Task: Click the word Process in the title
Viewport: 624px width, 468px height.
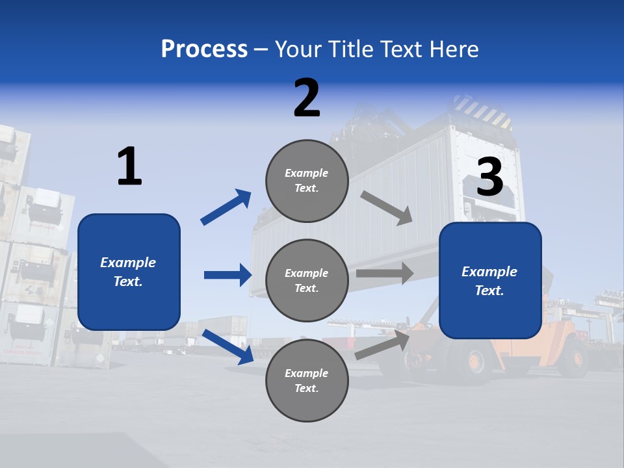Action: tap(204, 49)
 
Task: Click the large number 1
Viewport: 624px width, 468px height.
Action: tap(129, 166)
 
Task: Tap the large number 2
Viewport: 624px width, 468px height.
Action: tap(307, 98)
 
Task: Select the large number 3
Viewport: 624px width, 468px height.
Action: tap(489, 177)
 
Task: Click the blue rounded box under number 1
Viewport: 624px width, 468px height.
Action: tap(129, 272)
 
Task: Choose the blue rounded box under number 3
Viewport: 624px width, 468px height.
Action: tap(490, 280)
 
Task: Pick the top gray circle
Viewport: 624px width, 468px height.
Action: tap(307, 181)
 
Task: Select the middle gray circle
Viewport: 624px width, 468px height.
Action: tap(307, 280)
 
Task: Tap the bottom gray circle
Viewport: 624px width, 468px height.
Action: tap(307, 380)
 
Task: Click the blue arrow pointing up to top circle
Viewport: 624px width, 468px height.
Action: tap(226, 207)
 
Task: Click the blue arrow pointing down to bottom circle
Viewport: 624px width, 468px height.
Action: tap(227, 346)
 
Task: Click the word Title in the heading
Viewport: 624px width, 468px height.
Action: tap(350, 49)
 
